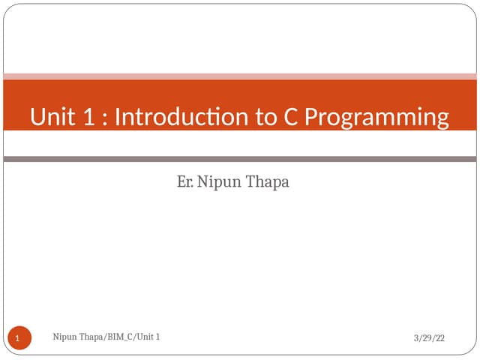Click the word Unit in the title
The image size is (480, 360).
click(54, 118)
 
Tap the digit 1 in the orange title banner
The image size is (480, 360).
click(89, 118)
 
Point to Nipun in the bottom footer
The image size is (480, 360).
click(66, 337)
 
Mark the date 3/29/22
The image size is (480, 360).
click(429, 339)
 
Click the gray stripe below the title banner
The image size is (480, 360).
click(240, 159)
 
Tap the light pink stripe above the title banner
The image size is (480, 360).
click(240, 76)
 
